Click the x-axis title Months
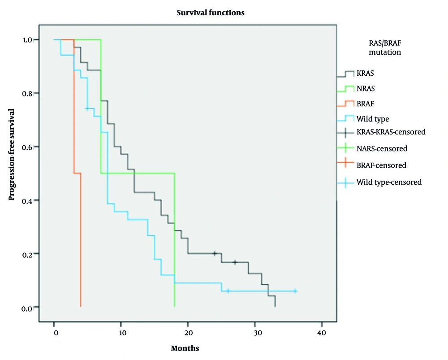185,348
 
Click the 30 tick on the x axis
255,333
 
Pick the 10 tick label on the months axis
121,333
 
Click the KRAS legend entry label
365,73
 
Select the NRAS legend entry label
366,89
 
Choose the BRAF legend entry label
365,104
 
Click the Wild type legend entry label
373,119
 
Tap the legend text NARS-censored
382,148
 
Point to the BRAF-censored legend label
381,165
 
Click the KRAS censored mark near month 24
215,254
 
